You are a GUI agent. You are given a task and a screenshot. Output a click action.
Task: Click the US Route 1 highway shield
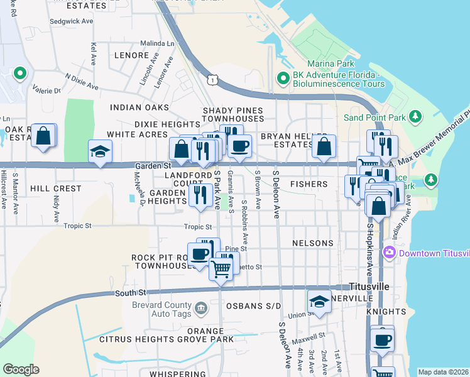214,79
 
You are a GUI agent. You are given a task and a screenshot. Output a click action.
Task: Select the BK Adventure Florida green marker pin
283,79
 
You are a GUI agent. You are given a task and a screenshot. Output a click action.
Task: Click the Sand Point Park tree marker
415,116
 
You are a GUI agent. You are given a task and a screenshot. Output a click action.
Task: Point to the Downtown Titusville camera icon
389,253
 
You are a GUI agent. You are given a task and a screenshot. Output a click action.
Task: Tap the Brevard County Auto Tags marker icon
201,307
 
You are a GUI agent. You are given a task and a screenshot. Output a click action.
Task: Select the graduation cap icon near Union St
319,302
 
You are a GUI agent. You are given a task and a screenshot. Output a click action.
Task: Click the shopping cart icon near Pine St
221,269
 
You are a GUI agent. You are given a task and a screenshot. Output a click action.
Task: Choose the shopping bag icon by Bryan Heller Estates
324,146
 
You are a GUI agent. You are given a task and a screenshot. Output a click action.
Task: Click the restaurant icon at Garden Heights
200,194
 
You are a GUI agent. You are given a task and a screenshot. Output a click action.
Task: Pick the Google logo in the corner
21,369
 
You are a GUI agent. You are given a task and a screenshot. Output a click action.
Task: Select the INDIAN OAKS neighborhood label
139,107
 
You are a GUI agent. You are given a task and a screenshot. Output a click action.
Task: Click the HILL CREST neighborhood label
56,188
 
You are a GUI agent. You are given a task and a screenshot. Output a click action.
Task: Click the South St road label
131,293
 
